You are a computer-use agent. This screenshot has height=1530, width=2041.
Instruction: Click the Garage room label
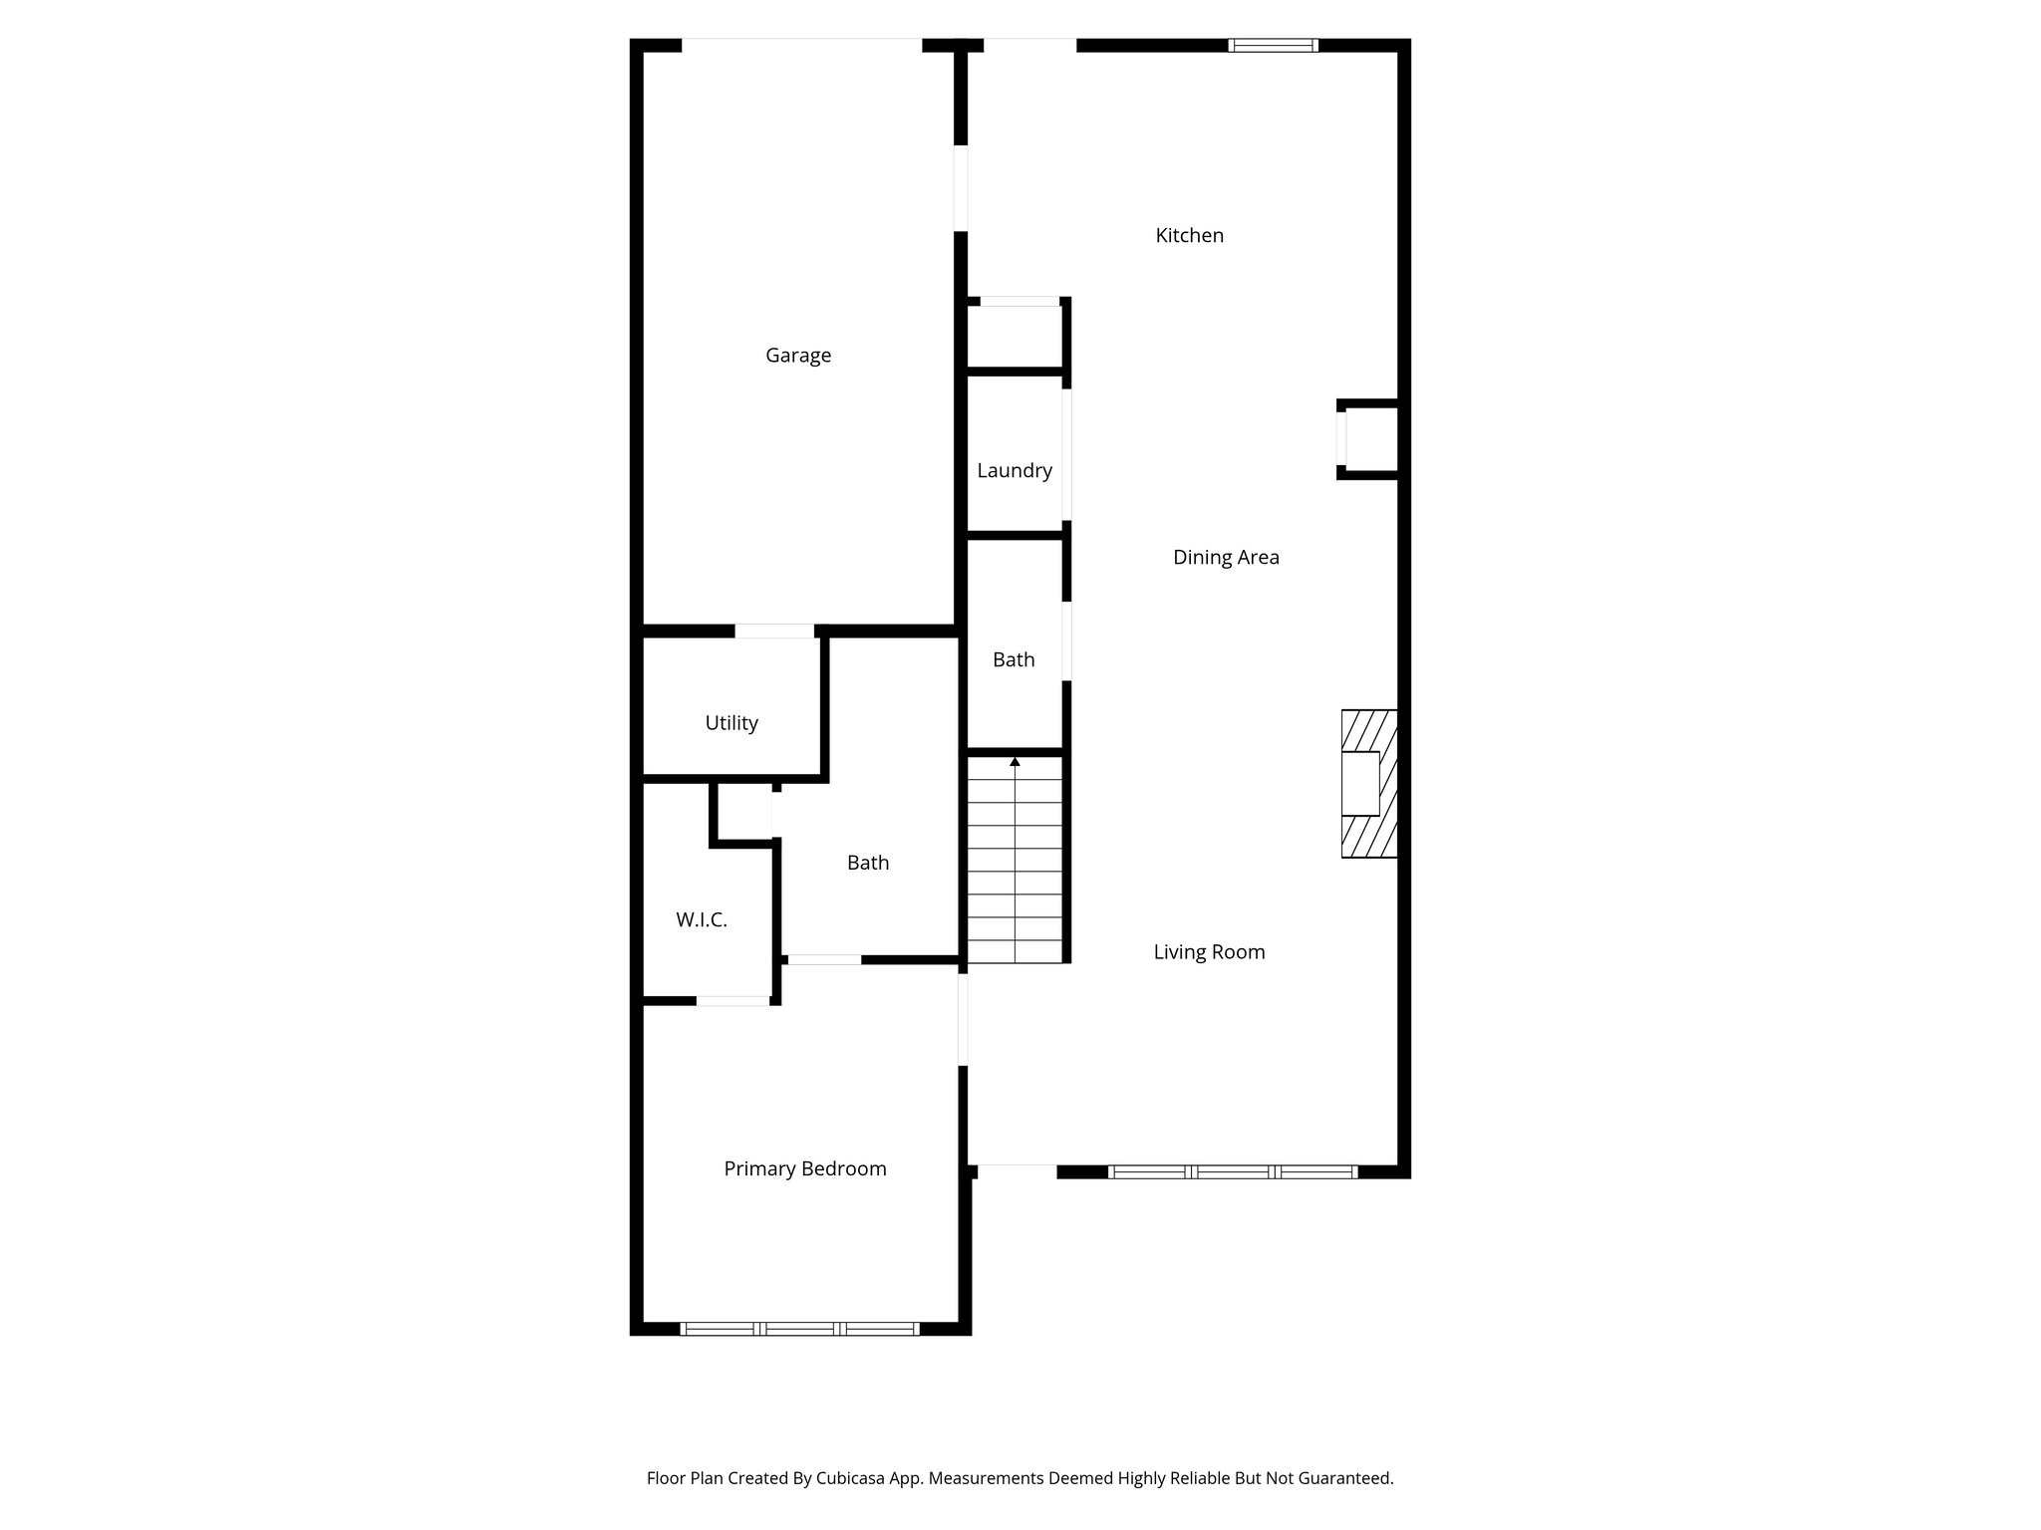click(798, 356)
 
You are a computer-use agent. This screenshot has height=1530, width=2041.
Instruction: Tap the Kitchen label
click(1189, 236)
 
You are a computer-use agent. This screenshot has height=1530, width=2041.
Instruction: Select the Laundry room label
click(1015, 471)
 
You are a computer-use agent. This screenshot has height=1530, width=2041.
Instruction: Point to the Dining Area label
click(1226, 558)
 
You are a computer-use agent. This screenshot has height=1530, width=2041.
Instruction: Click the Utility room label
click(731, 723)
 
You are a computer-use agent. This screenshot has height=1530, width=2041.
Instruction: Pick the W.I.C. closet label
click(702, 920)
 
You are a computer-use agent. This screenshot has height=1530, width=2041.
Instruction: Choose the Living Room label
click(1209, 952)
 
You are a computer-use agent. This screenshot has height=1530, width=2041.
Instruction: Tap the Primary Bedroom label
click(805, 1169)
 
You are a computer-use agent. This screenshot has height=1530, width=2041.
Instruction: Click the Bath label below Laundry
click(1014, 660)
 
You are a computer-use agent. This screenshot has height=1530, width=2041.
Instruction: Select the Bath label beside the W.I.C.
click(868, 864)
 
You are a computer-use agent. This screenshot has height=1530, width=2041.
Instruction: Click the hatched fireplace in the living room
click(1368, 784)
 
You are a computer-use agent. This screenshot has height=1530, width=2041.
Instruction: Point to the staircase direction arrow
click(1015, 762)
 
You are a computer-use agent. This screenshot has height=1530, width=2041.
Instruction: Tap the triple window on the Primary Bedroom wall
click(799, 1328)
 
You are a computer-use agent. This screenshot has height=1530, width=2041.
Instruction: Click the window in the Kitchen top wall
click(1273, 45)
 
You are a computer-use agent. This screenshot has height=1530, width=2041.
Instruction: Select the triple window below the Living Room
click(1233, 1172)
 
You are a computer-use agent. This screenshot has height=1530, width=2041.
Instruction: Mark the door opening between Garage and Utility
click(774, 631)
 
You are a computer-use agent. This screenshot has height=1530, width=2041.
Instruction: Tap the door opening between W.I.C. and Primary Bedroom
click(732, 1000)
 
